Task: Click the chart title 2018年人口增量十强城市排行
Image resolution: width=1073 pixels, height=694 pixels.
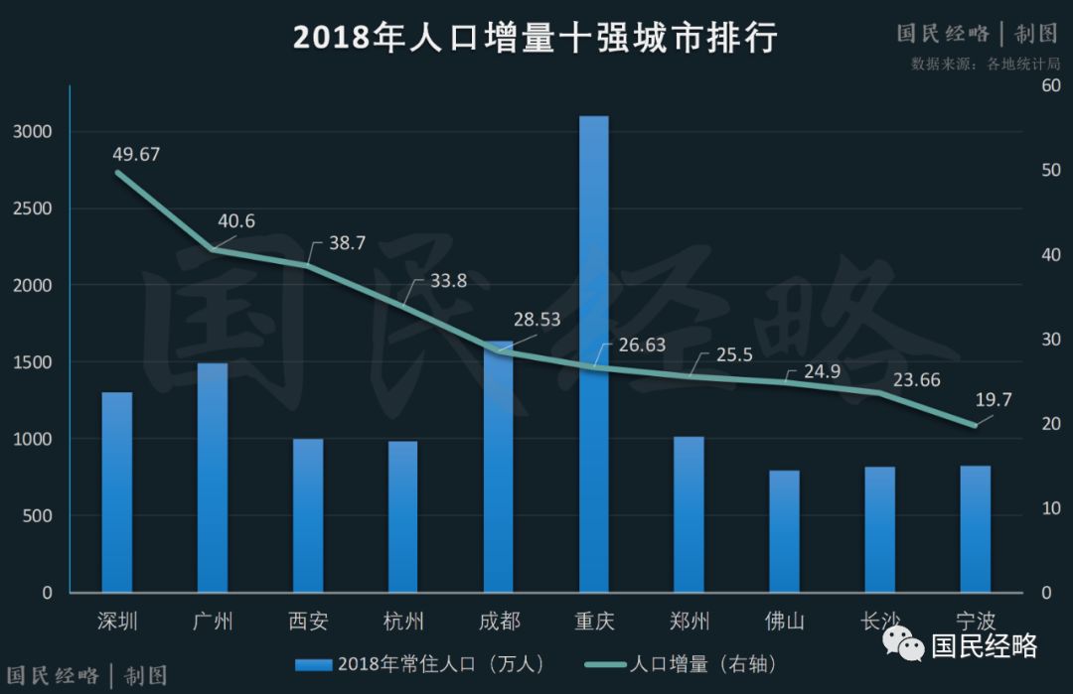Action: click(535, 38)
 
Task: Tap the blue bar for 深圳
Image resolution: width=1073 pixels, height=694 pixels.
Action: click(117, 492)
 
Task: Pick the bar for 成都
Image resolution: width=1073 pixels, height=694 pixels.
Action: click(499, 467)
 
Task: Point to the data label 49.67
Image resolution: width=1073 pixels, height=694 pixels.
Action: click(136, 154)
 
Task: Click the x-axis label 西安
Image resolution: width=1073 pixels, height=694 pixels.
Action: click(308, 623)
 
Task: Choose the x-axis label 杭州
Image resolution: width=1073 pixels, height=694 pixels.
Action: click(403, 623)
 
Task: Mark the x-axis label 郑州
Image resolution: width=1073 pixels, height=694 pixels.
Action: click(690, 623)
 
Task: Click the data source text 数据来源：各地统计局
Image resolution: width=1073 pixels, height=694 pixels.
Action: click(986, 64)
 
